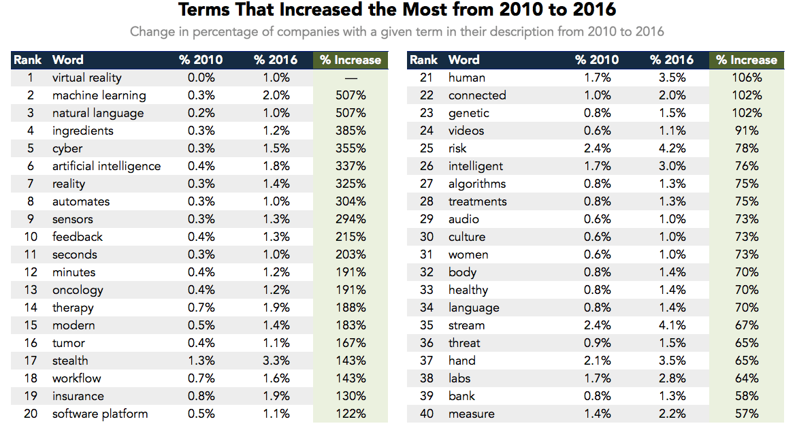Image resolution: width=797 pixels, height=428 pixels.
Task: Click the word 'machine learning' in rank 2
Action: point(99,95)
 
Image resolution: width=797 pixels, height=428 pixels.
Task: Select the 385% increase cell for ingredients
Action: point(351,131)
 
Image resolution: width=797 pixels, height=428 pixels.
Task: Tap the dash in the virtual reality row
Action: point(351,78)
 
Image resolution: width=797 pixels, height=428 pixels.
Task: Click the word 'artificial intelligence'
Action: point(106,166)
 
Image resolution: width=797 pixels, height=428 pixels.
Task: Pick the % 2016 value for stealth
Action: point(276,361)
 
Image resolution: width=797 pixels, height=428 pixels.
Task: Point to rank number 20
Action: point(30,414)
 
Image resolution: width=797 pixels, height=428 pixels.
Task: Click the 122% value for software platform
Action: point(351,414)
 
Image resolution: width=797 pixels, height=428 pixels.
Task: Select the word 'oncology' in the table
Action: point(78,290)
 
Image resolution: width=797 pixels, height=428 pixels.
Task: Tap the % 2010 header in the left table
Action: point(201,60)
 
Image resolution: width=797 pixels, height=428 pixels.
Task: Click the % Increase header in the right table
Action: point(747,60)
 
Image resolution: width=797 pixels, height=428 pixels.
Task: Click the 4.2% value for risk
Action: point(672,148)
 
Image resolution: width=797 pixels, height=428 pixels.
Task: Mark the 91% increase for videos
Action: point(747,131)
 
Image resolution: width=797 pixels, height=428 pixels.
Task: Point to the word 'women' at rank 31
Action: point(468,254)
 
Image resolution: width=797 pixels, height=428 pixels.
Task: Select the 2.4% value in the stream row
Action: point(597,325)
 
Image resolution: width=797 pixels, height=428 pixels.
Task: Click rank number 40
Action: point(426,414)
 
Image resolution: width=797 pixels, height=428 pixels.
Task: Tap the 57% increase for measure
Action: point(747,414)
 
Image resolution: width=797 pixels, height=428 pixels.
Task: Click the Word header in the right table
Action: point(463,60)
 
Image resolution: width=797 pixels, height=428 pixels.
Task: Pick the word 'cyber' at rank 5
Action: point(67,148)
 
